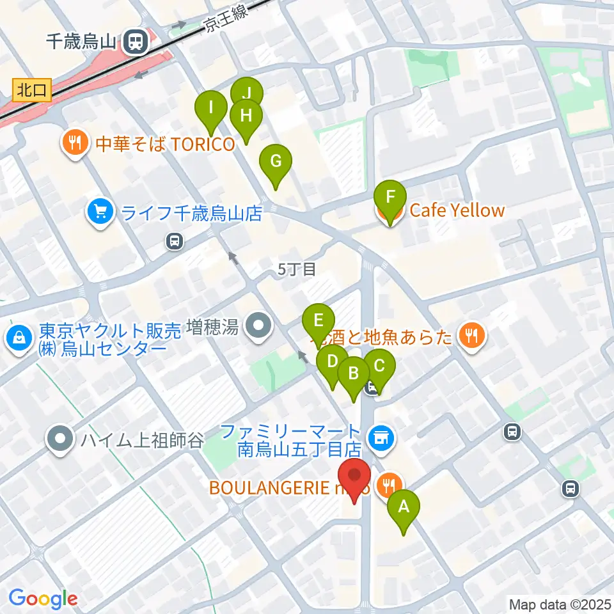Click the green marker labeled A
pyautogui.click(x=404, y=508)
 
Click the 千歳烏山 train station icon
pyautogui.click(x=135, y=42)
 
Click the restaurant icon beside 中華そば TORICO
pyautogui.click(x=75, y=142)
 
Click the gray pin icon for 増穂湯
pyautogui.click(x=259, y=328)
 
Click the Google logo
pyautogui.click(x=43, y=599)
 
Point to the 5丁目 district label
pyautogui.click(x=297, y=269)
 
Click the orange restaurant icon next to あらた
pyautogui.click(x=472, y=336)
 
